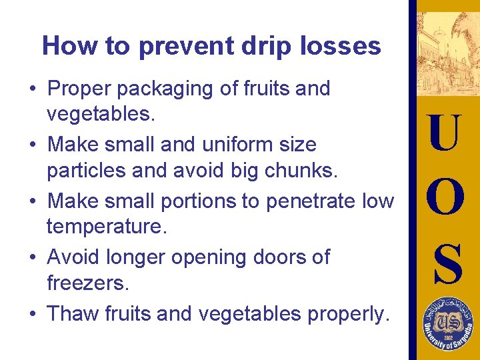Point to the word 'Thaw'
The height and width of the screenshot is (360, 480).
(73, 313)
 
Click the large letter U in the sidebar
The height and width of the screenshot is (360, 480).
(444, 133)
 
